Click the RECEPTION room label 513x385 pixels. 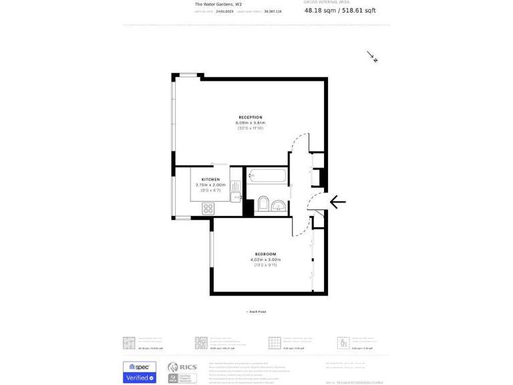pos(250,118)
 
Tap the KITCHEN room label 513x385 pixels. pos(210,179)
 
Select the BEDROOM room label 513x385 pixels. pos(263,254)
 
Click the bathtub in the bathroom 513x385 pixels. pos(267,175)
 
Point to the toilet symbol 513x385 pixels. pos(263,204)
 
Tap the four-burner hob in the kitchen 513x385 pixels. pos(208,209)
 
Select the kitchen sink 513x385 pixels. pos(235,196)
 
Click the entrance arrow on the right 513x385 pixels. pos(337,201)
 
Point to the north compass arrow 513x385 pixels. pos(372,57)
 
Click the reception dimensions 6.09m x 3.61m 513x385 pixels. pos(250,123)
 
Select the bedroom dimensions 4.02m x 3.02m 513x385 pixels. pos(263,259)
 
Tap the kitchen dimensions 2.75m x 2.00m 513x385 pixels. pos(210,184)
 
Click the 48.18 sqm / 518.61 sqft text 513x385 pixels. pos(340,11)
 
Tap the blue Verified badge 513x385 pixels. pos(139,378)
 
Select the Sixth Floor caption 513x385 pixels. pos(256,311)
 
